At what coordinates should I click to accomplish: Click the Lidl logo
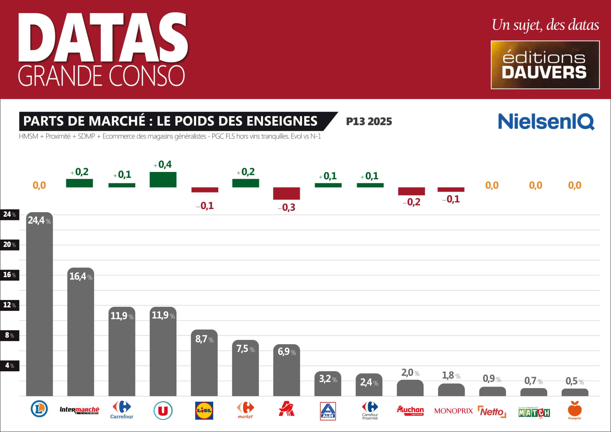[204, 411]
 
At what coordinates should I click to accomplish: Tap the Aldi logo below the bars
[328, 411]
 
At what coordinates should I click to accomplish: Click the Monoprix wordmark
[453, 411]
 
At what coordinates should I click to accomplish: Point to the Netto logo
[492, 412]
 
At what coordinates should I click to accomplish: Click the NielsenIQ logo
[546, 122]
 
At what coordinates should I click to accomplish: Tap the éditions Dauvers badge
[545, 65]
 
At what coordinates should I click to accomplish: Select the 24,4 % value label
[39, 220]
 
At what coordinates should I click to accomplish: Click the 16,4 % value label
[81, 277]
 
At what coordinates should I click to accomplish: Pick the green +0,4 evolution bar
[163, 180]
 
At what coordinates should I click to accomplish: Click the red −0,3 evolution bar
[286, 193]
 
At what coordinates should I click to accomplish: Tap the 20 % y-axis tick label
[10, 245]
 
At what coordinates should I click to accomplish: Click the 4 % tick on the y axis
[10, 365]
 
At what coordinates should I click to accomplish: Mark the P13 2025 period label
[369, 122]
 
